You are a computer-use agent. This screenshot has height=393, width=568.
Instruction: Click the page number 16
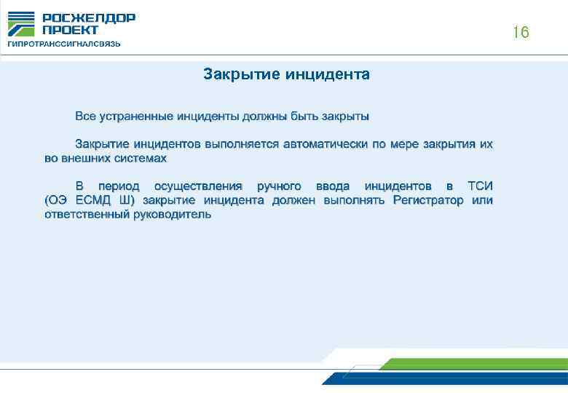coord(520,33)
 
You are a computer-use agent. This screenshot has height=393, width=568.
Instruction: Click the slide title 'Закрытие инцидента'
coord(287,74)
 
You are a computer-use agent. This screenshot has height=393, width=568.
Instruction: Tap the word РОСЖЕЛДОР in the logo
coord(88,18)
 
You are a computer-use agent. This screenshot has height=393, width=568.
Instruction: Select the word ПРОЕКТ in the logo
coord(70,30)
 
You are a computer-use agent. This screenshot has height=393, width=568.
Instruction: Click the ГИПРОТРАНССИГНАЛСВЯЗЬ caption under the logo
coord(64,44)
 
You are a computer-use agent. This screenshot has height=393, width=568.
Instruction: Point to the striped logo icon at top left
coord(20,24)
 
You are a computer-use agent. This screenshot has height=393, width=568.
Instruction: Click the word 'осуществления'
coord(197,187)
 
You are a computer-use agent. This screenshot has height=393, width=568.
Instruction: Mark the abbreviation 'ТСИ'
coord(480,187)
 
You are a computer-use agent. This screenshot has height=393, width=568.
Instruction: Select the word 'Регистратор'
coord(427,201)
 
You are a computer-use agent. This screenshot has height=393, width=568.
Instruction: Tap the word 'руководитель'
coord(173,215)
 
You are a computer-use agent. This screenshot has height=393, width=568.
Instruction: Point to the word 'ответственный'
coord(86,215)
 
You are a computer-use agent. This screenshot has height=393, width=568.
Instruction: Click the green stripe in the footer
coord(473,364)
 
